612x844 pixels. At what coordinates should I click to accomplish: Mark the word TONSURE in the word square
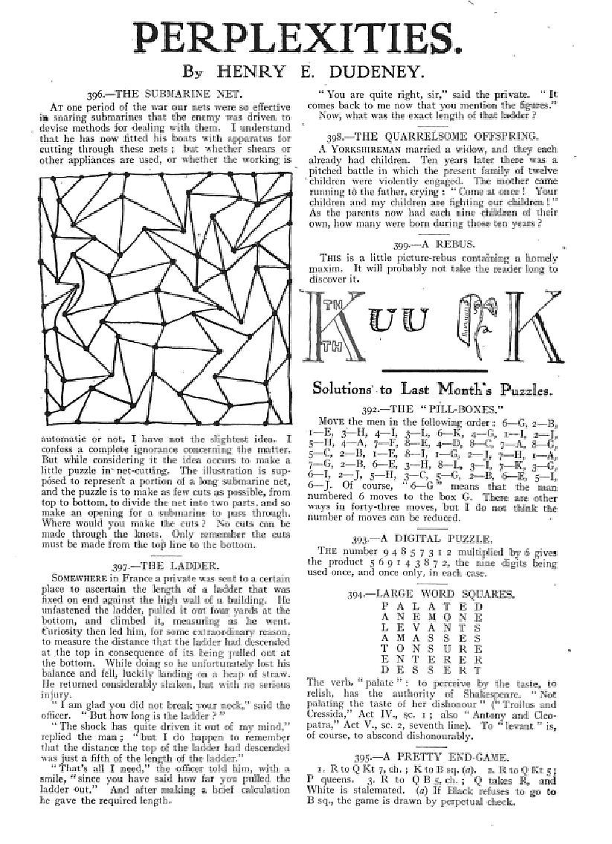[x=432, y=648]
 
